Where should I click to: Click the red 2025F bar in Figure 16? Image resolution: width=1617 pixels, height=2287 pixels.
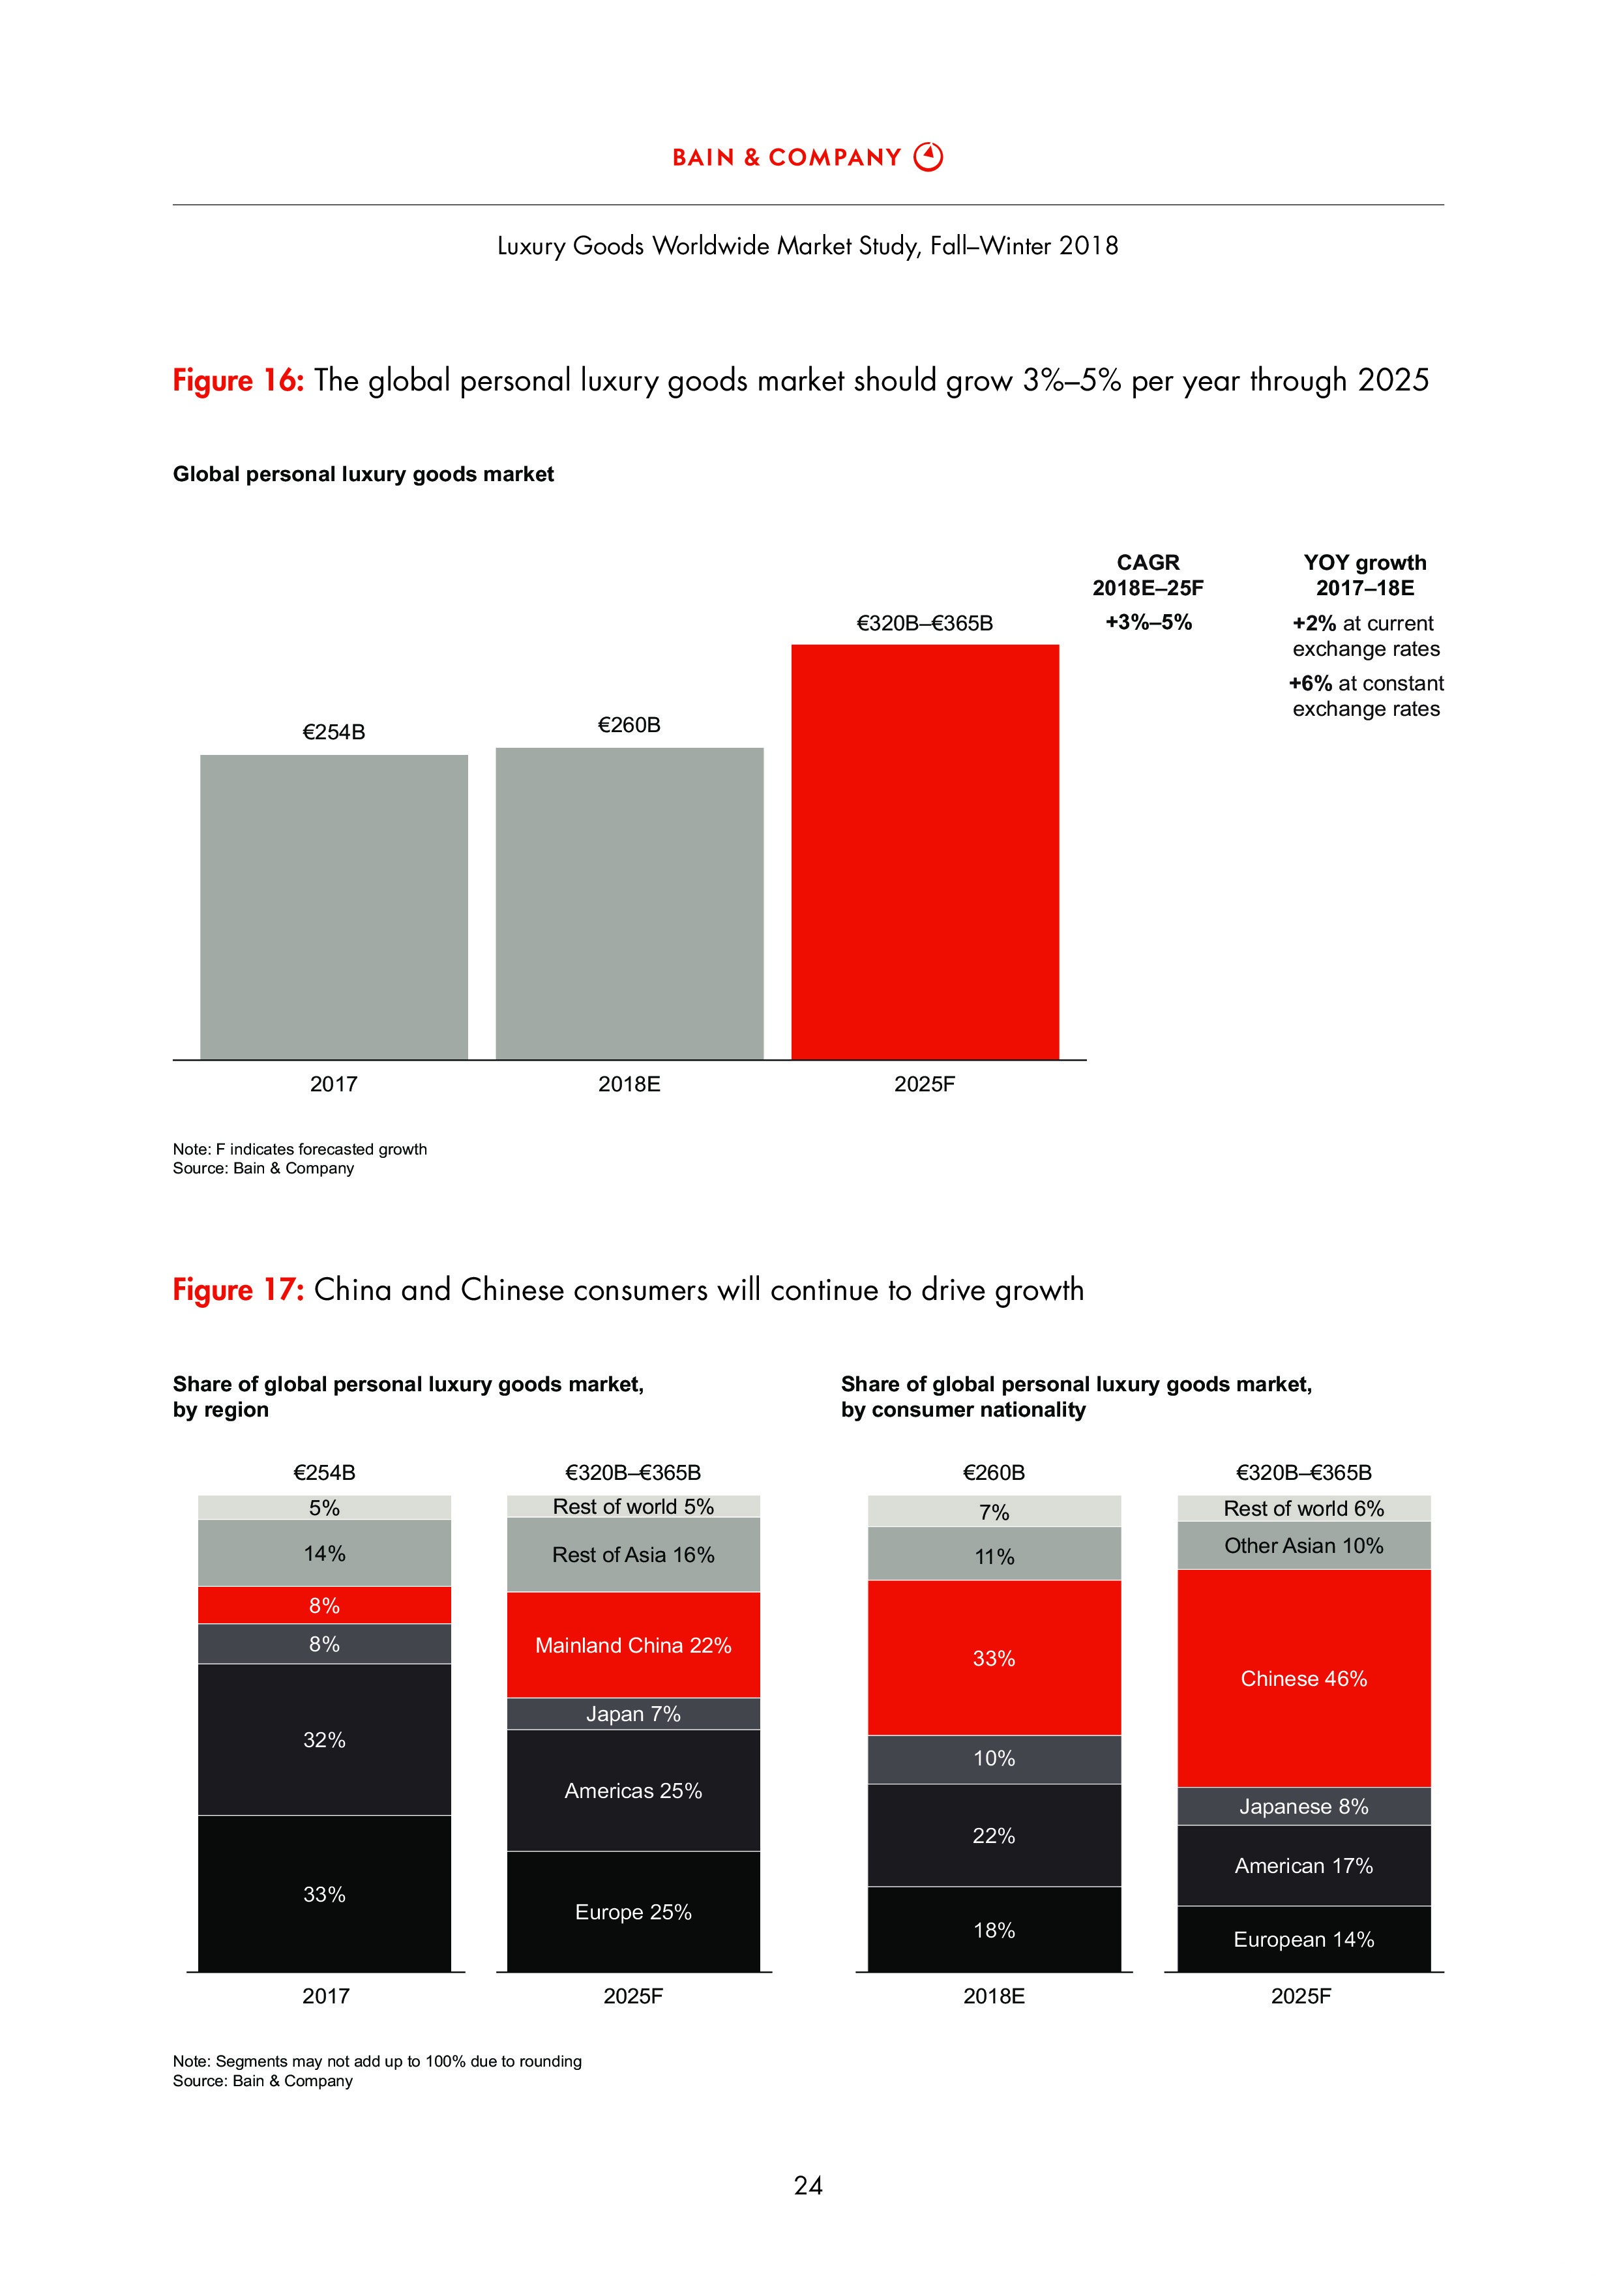click(x=925, y=851)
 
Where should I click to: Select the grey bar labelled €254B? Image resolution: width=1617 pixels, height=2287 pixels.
click(x=334, y=906)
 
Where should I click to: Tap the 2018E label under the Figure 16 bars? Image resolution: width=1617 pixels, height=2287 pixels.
click(x=629, y=1084)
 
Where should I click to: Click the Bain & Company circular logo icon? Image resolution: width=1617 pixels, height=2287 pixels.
click(x=928, y=156)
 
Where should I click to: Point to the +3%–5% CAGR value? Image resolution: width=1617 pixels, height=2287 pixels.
click(x=1148, y=623)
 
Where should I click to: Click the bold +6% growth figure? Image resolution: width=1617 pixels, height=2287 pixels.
click(x=1309, y=683)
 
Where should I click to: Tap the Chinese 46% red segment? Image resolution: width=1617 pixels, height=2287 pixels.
click(x=1303, y=1678)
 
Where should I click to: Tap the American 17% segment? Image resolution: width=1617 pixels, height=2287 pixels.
click(x=1303, y=1866)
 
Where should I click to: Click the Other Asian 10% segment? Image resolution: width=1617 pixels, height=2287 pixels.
click(x=1303, y=1546)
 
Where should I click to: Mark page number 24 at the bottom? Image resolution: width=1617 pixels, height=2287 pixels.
click(x=808, y=2185)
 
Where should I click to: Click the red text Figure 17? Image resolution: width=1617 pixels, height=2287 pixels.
click(x=238, y=1290)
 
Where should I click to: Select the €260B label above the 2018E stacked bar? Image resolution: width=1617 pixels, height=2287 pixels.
click(x=993, y=1472)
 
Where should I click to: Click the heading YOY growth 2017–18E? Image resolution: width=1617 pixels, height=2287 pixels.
click(x=1365, y=575)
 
